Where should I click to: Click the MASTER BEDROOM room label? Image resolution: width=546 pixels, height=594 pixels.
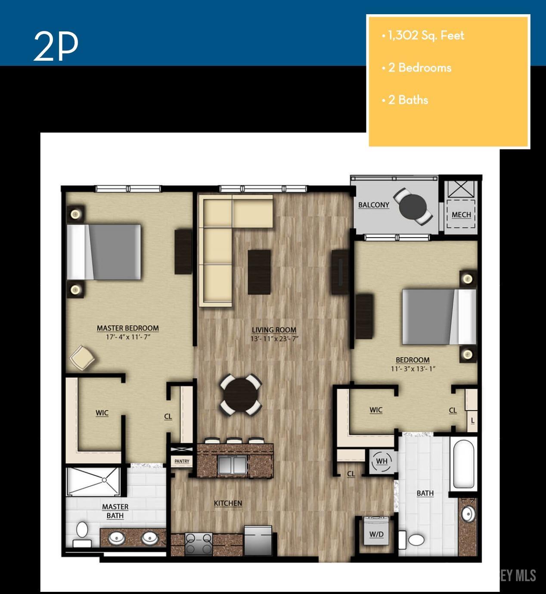pos(128,328)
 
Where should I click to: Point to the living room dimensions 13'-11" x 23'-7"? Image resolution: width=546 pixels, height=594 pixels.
pos(274,338)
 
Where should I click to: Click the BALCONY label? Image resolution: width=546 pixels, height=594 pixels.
pos(373,205)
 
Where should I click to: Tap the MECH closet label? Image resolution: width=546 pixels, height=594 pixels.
pos(461,215)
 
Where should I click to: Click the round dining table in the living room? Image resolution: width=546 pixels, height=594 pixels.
pos(241,395)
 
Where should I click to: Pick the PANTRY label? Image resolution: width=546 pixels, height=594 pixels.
pos(182,461)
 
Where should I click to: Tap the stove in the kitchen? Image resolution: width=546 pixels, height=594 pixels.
pos(199,544)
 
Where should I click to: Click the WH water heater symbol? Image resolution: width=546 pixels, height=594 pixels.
pos(382,461)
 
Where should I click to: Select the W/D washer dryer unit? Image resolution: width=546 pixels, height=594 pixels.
pos(376,534)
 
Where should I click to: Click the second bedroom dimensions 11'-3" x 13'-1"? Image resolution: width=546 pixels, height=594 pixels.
pos(413,368)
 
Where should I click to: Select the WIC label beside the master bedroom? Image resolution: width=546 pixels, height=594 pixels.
pos(102,413)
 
